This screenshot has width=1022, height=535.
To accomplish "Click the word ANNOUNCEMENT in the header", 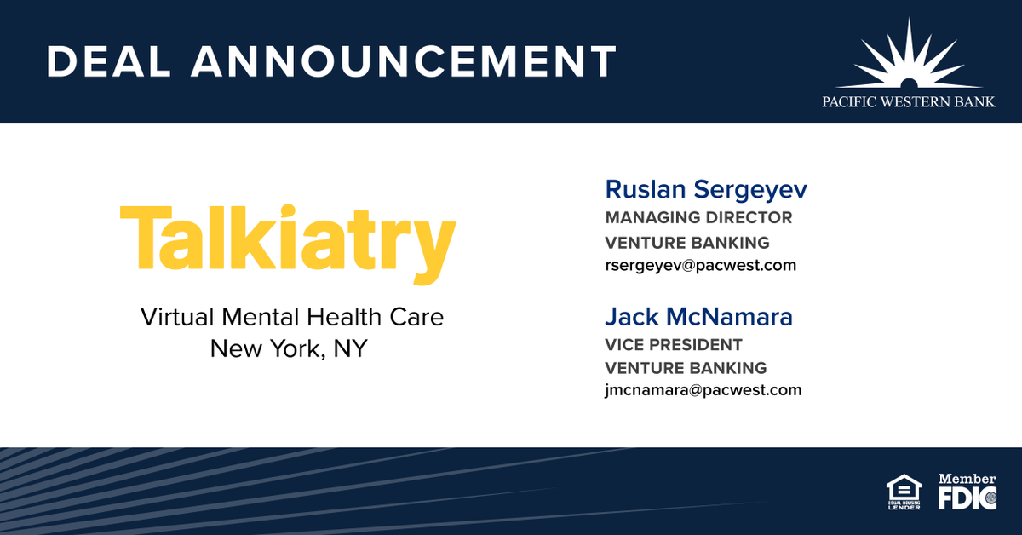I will coord(405,62).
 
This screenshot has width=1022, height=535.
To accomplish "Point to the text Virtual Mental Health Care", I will coord(292,318).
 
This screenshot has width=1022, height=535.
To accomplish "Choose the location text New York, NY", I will coord(289,348).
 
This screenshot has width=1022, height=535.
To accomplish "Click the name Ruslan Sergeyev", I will coord(706,189).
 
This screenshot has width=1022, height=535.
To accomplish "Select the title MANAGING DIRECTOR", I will coord(698,218).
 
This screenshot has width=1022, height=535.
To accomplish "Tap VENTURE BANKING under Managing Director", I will coord(687,244).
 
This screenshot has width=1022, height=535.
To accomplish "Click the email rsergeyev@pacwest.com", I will coord(701,265).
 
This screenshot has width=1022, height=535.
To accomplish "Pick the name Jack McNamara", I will coord(698,317).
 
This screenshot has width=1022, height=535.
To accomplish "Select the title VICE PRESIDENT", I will coord(674,345).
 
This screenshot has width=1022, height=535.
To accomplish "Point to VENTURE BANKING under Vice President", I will coord(686,369).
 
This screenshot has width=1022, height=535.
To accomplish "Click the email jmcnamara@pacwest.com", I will coord(703,390).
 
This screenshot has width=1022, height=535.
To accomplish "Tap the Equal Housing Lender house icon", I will coord(904,488).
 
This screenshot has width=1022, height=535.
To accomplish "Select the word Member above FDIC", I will coord(967,480).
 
